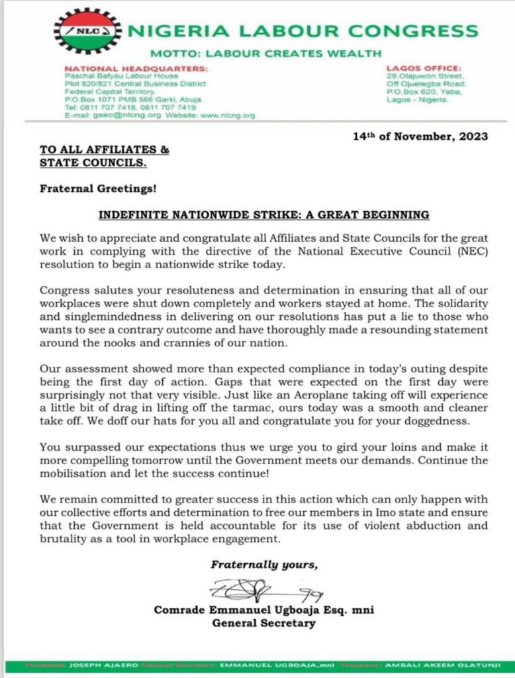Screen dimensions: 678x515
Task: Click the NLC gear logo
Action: pos(87,30)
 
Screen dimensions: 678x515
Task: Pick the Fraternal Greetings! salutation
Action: pos(98,188)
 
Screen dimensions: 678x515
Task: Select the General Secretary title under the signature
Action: pos(263,623)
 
